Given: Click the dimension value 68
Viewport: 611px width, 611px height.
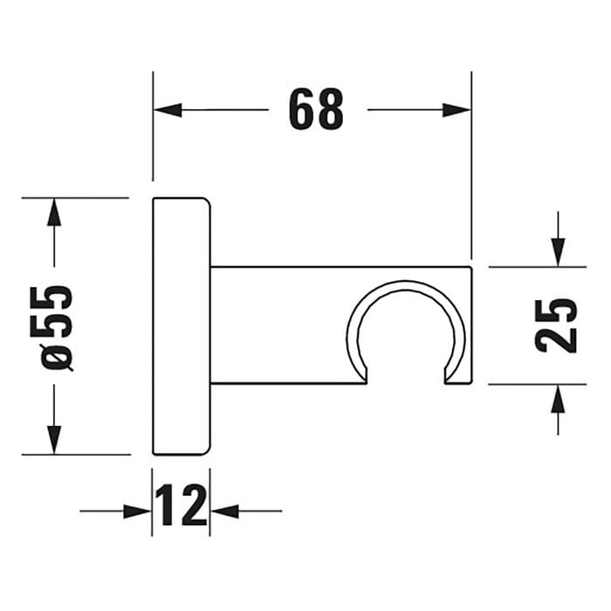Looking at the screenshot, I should point(317,110).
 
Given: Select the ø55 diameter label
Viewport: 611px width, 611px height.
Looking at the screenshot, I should point(58,326).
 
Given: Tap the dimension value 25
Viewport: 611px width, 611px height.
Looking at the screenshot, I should point(555,325).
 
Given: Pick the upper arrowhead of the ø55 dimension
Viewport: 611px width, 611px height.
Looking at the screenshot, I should point(54,212).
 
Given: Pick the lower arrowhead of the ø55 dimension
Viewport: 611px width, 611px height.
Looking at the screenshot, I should point(54,440).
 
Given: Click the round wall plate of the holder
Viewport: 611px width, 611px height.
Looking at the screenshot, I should point(181,326).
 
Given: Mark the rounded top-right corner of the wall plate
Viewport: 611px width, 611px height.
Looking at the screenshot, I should point(204,203).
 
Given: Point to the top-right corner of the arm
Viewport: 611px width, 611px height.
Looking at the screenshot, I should point(470,268).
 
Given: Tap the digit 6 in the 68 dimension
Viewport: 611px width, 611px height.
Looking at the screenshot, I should point(302,110).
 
